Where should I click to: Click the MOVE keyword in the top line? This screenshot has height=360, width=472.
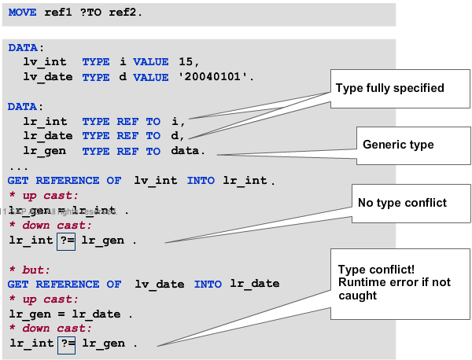click(25, 14)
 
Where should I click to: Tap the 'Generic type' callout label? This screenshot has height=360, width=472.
click(398, 145)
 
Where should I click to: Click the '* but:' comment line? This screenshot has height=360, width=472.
click(29, 270)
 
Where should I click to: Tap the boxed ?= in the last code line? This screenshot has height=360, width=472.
click(66, 343)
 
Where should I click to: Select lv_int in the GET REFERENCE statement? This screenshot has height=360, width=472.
click(155, 181)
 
